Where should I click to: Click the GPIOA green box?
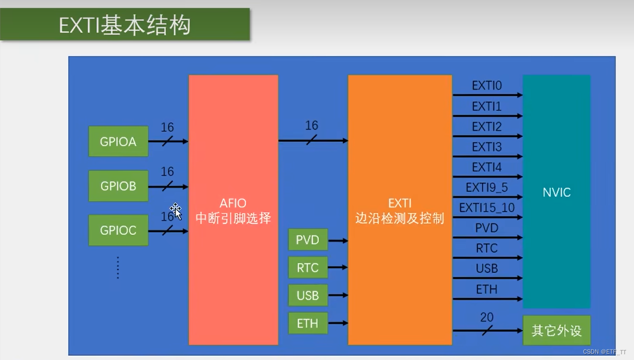click(118, 141)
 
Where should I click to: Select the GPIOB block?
click(118, 186)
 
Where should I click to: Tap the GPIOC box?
click(118, 230)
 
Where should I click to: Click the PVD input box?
click(308, 240)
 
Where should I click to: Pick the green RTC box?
click(308, 268)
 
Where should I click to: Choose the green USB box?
click(308, 296)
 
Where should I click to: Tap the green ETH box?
click(308, 323)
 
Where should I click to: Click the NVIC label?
click(556, 192)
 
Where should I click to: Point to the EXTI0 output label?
click(487, 85)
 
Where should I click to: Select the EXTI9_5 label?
click(487, 187)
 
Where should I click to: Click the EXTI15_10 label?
click(487, 208)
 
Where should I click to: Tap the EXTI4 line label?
click(487, 167)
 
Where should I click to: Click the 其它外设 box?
click(556, 331)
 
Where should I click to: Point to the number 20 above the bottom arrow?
click(487, 318)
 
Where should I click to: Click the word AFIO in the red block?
click(233, 203)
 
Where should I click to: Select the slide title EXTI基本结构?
click(125, 25)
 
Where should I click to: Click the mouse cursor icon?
click(176, 211)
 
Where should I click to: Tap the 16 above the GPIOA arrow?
click(167, 127)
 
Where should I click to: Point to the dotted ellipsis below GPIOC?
click(118, 267)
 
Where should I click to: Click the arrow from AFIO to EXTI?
click(313, 140)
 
